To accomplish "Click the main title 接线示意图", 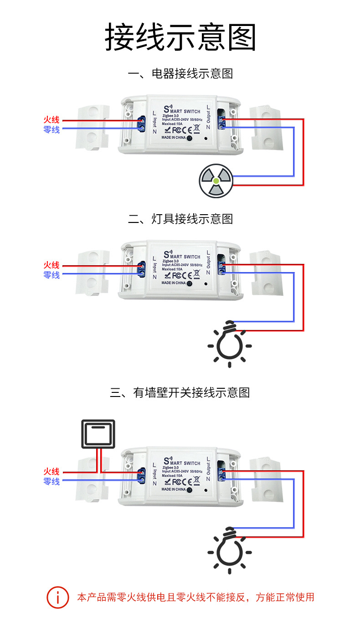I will (180, 37).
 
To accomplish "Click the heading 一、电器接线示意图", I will (180, 73).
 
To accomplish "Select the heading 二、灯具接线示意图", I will (180, 219).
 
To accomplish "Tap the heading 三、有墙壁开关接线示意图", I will (180, 392).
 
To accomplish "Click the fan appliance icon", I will (216, 180).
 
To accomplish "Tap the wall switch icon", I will (98, 434).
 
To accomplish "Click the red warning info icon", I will (58, 597).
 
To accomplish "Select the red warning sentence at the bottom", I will (195, 597).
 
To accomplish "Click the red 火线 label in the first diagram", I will (51, 120).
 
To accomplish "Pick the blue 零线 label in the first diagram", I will (51, 130).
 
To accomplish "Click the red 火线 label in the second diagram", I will (51, 265).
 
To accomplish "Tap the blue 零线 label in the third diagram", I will (51, 481).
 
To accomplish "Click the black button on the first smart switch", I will (189, 138).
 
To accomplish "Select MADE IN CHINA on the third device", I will (174, 489).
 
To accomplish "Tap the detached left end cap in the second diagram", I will (93, 273).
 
